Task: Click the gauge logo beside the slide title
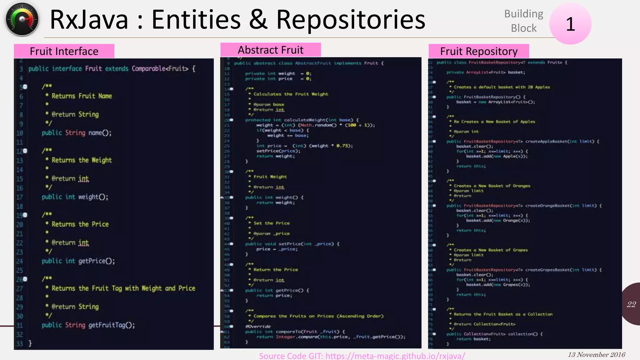22,19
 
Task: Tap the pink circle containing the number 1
570,24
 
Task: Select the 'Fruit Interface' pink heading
64,51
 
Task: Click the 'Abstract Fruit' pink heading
271,50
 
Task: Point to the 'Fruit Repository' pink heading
479,51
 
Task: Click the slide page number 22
631,304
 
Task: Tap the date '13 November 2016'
596,355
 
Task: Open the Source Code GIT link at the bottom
362,356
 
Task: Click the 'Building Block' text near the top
524,21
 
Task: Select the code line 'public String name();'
77,133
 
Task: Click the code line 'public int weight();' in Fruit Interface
75,197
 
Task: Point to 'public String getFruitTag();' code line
88,325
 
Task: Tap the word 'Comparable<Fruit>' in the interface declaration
160,68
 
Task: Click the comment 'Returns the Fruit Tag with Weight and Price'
123,288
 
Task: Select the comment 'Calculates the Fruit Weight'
291,94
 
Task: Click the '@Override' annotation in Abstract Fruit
258,326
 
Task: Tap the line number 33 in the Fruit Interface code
20,343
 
